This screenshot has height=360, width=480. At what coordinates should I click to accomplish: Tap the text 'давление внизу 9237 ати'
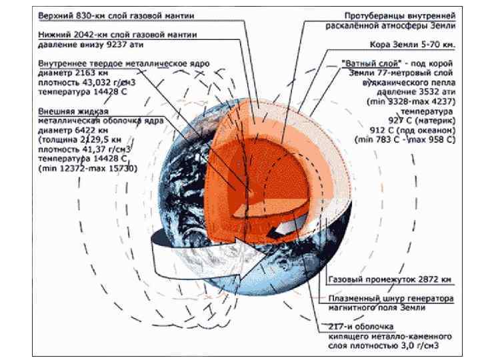[x=91, y=45]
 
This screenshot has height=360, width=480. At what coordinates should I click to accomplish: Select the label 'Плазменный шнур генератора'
[x=391, y=299]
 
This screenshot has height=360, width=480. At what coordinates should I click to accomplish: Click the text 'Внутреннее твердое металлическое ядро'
[x=123, y=63]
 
